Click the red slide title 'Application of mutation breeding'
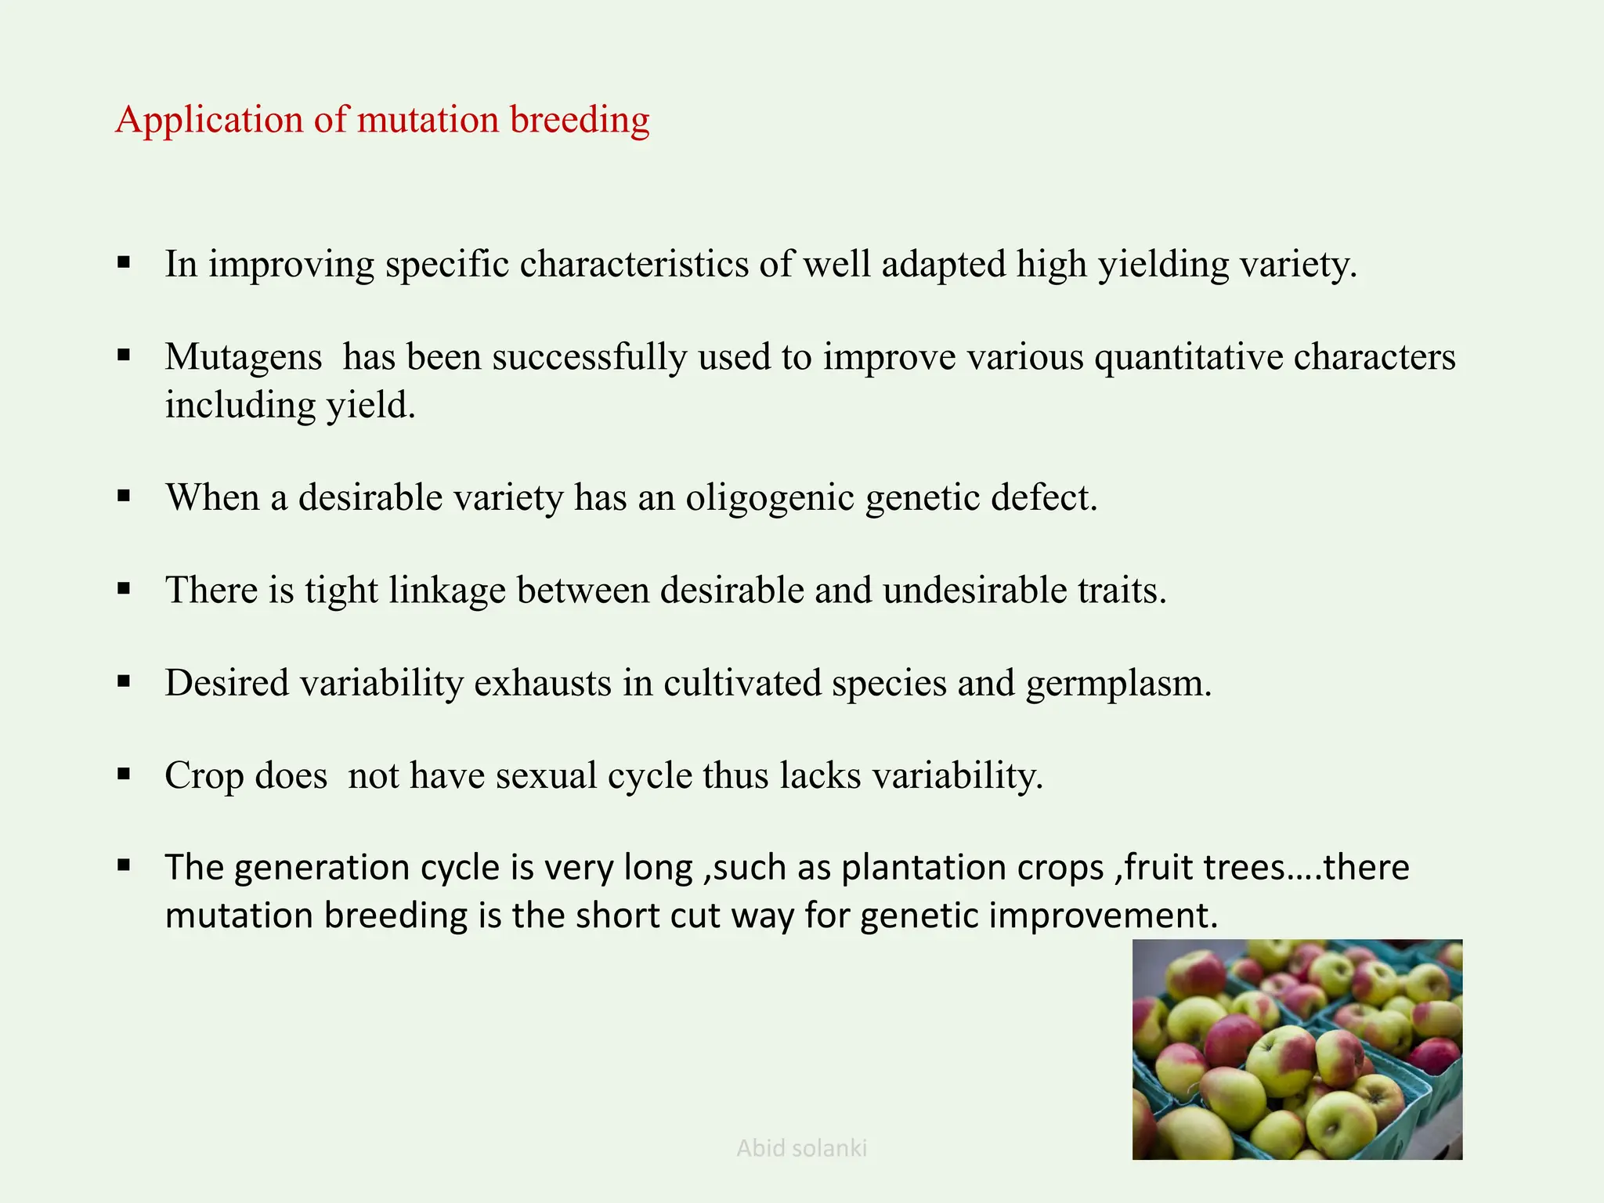[382, 120]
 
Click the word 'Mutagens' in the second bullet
[243, 357]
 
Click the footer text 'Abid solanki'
[801, 1148]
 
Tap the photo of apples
[1297, 1049]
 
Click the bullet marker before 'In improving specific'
[124, 262]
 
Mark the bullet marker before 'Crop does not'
[124, 774]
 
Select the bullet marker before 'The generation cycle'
[124, 865]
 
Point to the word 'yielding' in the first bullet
[1163, 265]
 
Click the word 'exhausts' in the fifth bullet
[543, 683]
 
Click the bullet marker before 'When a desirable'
[124, 496]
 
